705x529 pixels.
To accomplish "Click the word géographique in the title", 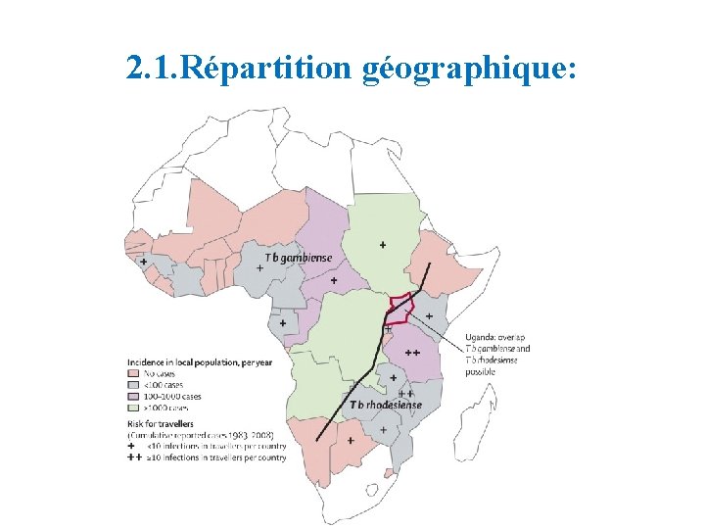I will [460, 68].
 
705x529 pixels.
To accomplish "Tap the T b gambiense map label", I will [299, 258].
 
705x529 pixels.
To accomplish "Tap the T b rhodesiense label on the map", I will [386, 405].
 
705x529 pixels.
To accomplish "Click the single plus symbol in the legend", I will [132, 446].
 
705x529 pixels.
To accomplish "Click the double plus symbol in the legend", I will [134, 457].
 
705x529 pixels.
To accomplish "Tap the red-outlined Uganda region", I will [399, 310].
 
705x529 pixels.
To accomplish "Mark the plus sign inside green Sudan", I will [382, 244].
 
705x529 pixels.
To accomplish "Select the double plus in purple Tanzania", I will [411, 353].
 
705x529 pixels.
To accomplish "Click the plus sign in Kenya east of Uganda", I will [429, 315].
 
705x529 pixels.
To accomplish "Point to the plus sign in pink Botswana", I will [351, 440].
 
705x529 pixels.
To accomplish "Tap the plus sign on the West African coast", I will [144, 262].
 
